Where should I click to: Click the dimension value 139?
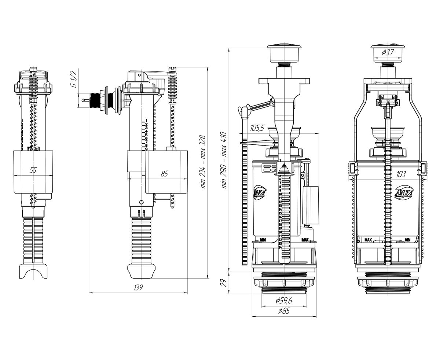(x=138, y=288)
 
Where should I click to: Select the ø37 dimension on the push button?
(x=388, y=52)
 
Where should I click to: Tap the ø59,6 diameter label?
(x=283, y=301)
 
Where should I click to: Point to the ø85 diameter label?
(x=284, y=311)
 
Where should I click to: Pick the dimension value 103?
(x=400, y=175)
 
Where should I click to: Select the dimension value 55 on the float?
(x=33, y=170)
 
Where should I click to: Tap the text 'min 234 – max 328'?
(x=203, y=162)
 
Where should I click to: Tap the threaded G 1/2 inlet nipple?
(x=96, y=100)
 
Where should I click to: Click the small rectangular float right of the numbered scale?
(x=310, y=205)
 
